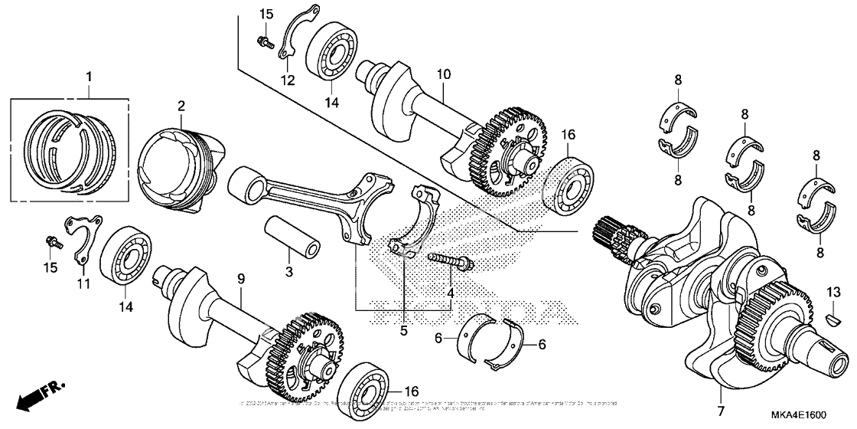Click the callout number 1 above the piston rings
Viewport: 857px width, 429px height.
coord(89,77)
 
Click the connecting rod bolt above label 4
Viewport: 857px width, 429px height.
coord(451,261)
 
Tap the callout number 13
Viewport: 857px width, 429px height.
coord(833,291)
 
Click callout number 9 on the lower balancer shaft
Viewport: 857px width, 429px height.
coord(240,280)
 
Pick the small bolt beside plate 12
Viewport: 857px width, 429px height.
coord(264,40)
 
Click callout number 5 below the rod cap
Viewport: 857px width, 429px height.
coord(404,331)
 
